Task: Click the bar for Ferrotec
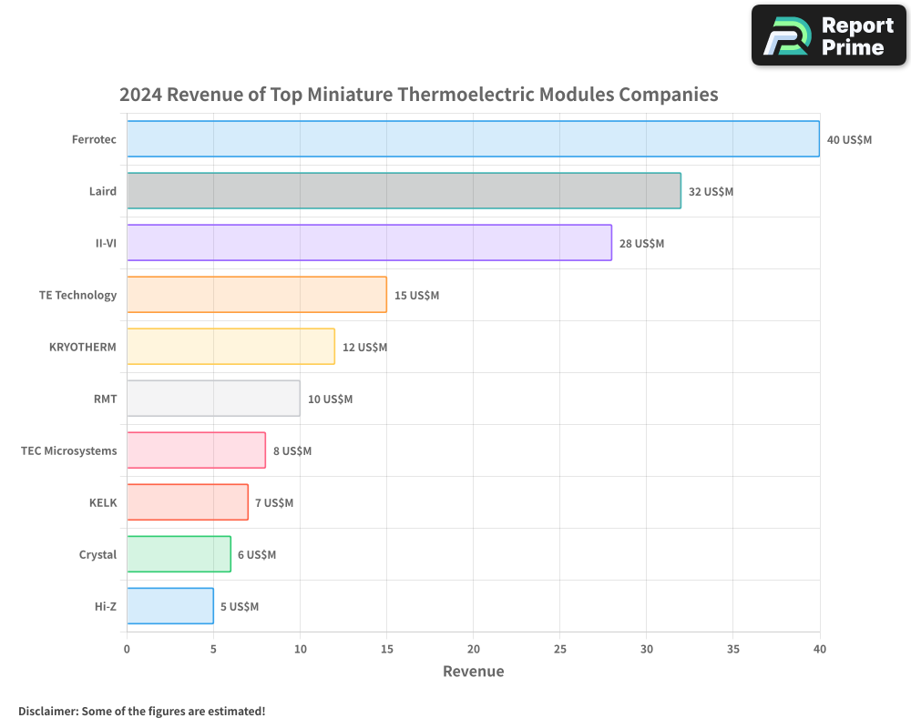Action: click(x=473, y=139)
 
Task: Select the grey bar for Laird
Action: click(x=404, y=191)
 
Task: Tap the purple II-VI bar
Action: click(x=369, y=243)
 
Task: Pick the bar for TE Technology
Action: click(x=257, y=295)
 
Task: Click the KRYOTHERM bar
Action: click(x=230, y=347)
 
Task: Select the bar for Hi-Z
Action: click(x=170, y=606)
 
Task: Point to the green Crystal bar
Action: click(x=179, y=554)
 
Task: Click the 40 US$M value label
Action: click(x=849, y=140)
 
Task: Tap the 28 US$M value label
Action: click(x=641, y=244)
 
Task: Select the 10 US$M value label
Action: click(x=330, y=399)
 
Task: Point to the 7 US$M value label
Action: click(x=274, y=503)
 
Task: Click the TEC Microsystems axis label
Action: click(x=69, y=451)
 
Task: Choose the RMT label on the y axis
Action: click(x=106, y=399)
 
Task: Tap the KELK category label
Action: click(x=103, y=503)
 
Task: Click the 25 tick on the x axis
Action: click(x=559, y=649)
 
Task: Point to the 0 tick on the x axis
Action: click(x=127, y=649)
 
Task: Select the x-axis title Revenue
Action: click(x=473, y=672)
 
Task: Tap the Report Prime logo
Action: click(x=829, y=35)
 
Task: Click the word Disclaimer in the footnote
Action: click(x=46, y=711)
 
